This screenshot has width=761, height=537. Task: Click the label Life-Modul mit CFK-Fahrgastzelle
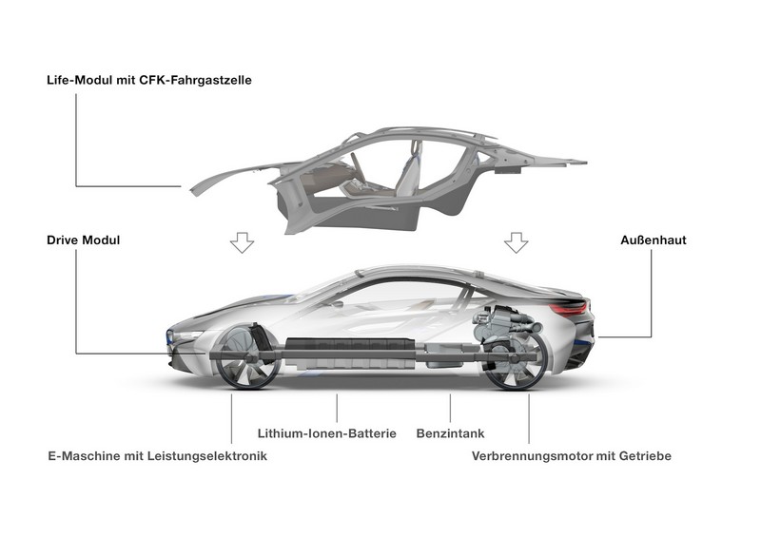pyautogui.click(x=149, y=80)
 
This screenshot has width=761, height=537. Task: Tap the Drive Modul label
pyautogui.click(x=83, y=240)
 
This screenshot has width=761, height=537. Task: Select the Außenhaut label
pyautogui.click(x=654, y=240)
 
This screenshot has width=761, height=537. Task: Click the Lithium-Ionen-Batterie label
pyautogui.click(x=326, y=433)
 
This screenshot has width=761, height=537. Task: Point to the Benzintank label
pyautogui.click(x=450, y=433)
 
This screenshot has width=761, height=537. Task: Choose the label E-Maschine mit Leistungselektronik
pyautogui.click(x=157, y=456)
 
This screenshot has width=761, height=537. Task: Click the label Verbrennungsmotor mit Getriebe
pyautogui.click(x=572, y=456)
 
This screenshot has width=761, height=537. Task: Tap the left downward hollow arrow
pyautogui.click(x=242, y=242)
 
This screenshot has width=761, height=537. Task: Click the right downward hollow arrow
pyautogui.click(x=516, y=242)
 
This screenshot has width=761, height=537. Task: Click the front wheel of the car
pyautogui.click(x=247, y=357)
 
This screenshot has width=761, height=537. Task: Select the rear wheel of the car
pyautogui.click(x=517, y=359)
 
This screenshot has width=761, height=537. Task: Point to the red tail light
pyautogui.click(x=570, y=307)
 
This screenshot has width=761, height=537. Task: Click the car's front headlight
pyautogui.click(x=185, y=336)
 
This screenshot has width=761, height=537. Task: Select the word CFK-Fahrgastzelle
pyautogui.click(x=195, y=80)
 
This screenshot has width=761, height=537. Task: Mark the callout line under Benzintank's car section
pyautogui.click(x=450, y=408)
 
